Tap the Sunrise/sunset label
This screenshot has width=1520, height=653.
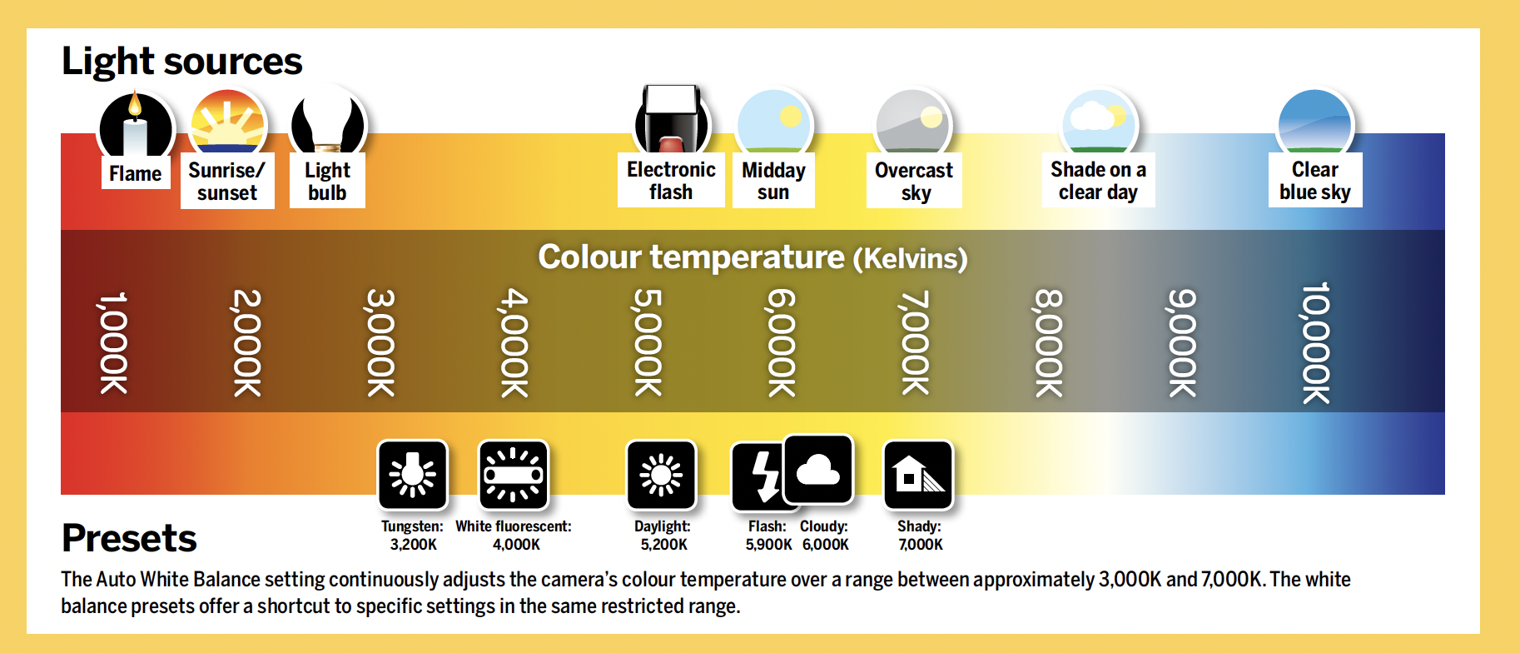pos(227,182)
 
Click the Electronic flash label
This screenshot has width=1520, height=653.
pos(671,181)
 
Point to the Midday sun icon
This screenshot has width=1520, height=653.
pos(774,122)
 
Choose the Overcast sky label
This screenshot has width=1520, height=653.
pos(914,182)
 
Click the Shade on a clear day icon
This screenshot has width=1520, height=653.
pos(1099,122)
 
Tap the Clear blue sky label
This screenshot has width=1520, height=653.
pos(1315,181)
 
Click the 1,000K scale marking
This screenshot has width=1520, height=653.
pos(113,342)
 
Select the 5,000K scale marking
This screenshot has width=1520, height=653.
pos(648,342)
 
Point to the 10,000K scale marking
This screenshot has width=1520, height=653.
pos(1316,342)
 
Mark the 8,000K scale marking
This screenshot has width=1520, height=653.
pos(1049,342)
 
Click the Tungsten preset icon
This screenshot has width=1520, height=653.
pos(413,475)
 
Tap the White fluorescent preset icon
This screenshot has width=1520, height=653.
pos(514,475)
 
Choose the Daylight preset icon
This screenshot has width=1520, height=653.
pos(662,475)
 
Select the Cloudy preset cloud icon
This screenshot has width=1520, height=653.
pos(818,470)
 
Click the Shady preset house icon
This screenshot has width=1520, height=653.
pos(918,475)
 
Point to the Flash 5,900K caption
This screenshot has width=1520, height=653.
pos(767,536)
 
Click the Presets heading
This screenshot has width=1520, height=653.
pos(129,538)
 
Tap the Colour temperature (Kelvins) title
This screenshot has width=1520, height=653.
pos(753,257)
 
